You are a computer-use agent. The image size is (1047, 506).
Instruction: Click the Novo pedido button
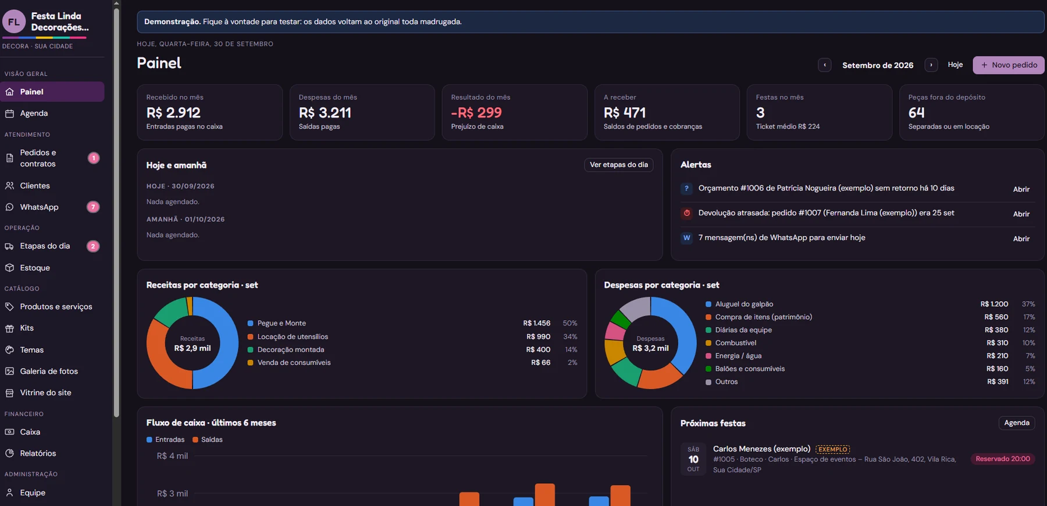click(x=1008, y=65)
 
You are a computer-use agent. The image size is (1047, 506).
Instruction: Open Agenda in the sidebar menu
click(x=34, y=114)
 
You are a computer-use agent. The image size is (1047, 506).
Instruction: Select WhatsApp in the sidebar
click(x=39, y=207)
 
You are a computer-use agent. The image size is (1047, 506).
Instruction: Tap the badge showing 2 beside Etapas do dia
click(x=93, y=246)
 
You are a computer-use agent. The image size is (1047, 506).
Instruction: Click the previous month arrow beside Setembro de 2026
click(x=824, y=65)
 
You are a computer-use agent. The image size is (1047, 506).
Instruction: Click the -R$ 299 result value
click(x=476, y=112)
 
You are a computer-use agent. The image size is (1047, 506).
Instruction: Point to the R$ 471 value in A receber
click(x=625, y=112)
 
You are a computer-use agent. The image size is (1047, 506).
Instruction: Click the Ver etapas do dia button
click(x=619, y=165)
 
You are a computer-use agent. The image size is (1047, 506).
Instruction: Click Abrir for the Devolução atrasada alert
click(x=1021, y=214)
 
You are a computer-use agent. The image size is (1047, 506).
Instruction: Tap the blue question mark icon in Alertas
click(x=686, y=189)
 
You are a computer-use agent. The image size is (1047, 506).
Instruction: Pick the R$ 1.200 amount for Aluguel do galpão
click(x=994, y=304)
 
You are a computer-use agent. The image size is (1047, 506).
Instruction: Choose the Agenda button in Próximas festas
click(x=1017, y=423)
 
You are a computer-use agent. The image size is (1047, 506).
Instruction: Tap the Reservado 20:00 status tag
click(x=1003, y=459)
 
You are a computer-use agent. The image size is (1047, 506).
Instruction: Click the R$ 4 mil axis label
click(x=172, y=457)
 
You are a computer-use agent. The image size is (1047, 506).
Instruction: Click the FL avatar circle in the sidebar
click(x=14, y=22)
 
